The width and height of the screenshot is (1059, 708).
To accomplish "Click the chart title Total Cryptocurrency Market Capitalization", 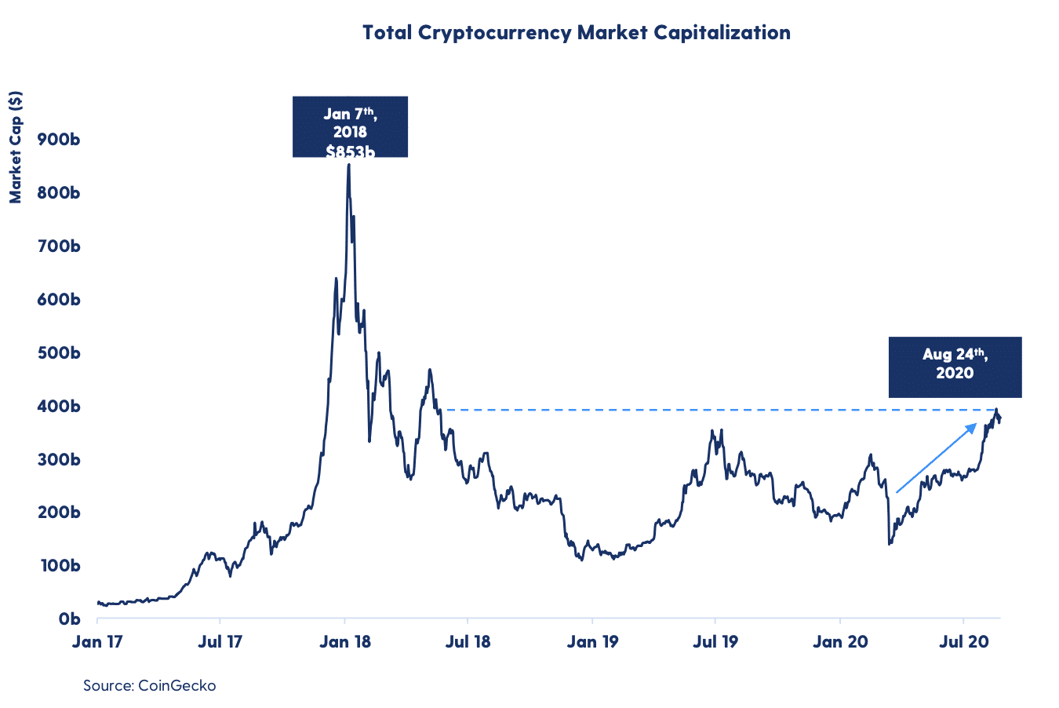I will (x=576, y=33).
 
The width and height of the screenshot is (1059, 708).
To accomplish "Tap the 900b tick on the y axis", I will (x=58, y=140).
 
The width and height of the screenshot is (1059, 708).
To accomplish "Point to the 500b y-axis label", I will (x=58, y=353).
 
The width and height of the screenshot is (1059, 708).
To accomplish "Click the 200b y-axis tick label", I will (x=58, y=513).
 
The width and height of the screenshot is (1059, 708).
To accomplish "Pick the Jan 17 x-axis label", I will (x=97, y=642).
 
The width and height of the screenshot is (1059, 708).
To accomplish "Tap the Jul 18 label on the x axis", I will (x=468, y=642).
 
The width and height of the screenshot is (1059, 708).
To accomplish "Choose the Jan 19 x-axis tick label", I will (x=592, y=642).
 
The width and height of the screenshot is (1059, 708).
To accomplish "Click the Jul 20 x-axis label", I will (x=963, y=642).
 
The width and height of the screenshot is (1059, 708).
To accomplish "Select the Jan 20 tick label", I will (x=840, y=642).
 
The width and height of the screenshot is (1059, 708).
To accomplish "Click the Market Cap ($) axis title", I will (x=16, y=147).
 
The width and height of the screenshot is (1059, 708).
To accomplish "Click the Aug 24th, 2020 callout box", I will (x=955, y=367).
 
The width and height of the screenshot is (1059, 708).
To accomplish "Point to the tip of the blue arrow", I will (x=976, y=425).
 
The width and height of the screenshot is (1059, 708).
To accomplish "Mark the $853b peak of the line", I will (x=349, y=165).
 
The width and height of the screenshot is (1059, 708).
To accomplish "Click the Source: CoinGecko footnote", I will (x=149, y=685).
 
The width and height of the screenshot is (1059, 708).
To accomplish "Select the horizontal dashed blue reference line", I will (x=706, y=410).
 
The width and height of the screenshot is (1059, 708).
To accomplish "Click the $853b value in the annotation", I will (x=350, y=151).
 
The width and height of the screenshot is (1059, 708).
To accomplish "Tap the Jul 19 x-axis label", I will (x=715, y=642).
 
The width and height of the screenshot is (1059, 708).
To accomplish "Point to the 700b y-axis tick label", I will (x=58, y=246).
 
